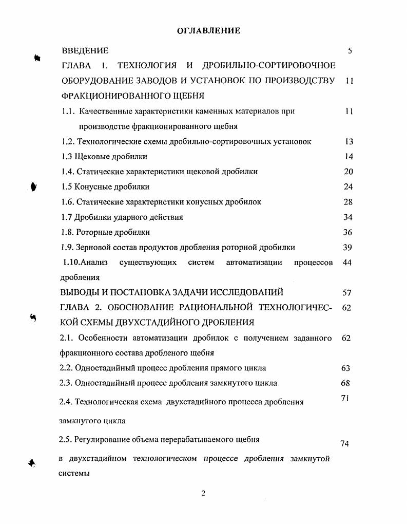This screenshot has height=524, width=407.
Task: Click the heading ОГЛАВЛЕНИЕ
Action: (208, 31)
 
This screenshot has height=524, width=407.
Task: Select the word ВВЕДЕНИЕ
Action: (85, 50)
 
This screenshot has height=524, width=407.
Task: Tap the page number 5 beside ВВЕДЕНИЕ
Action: (350, 50)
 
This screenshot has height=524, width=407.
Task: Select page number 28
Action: (348, 202)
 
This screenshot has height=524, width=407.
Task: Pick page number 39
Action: (347, 248)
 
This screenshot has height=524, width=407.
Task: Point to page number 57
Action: (347, 293)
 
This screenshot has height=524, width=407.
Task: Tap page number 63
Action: (346, 368)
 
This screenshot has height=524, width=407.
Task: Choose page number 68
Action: (346, 383)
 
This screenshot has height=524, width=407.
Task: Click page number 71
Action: (345, 398)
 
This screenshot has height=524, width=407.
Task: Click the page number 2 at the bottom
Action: (203, 493)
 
